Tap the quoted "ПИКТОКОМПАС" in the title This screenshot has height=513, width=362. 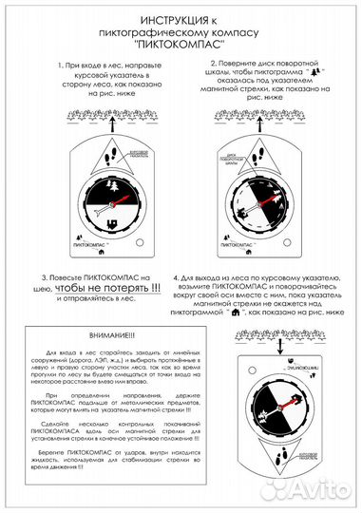tap(181, 44)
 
